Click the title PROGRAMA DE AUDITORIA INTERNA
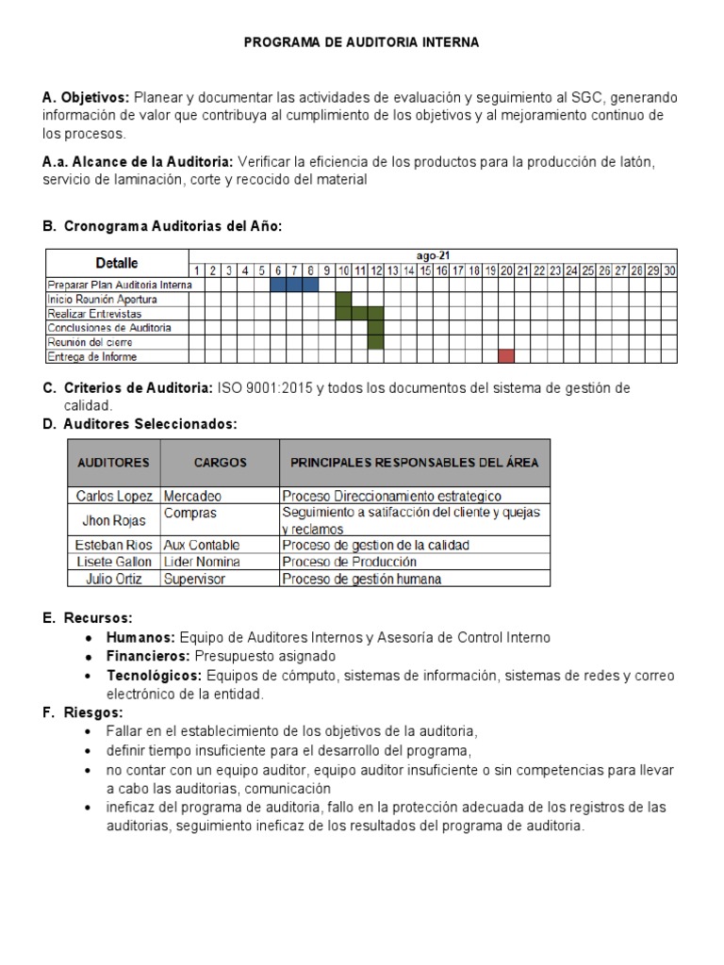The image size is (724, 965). click(362, 42)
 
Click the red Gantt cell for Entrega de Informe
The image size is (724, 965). click(506, 356)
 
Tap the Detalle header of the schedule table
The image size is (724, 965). click(117, 263)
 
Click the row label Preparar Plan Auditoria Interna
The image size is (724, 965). click(119, 285)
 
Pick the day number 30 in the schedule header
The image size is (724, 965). click(668, 270)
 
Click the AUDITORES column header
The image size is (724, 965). click(113, 463)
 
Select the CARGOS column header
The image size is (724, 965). click(220, 463)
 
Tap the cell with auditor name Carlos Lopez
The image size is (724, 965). click(113, 496)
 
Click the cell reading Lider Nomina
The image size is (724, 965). click(202, 562)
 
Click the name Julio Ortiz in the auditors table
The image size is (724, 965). click(113, 579)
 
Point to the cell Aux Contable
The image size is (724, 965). click(202, 545)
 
